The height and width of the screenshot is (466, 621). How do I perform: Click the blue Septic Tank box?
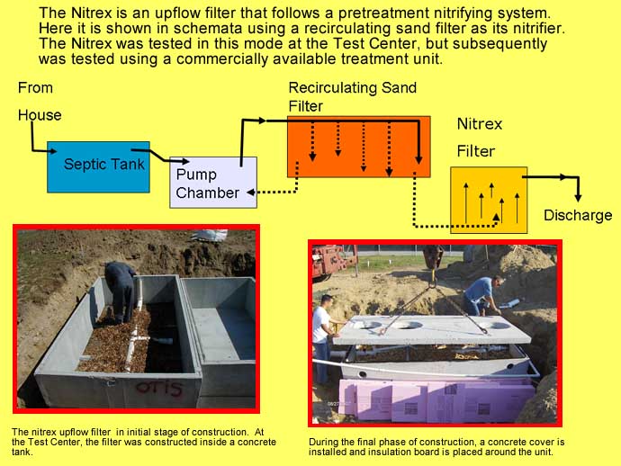[x=98, y=167]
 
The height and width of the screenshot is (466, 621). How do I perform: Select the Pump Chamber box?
[x=213, y=183]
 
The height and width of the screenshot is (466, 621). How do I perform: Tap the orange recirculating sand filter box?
[x=359, y=147]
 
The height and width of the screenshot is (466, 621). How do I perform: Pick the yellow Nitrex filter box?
[x=489, y=200]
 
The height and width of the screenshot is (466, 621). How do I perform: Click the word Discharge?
[x=578, y=215]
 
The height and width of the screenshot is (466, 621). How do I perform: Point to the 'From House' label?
[x=40, y=102]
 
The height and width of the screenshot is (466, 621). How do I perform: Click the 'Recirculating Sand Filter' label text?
[x=353, y=96]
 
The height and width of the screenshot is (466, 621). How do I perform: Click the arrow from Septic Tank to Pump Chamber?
[x=160, y=156]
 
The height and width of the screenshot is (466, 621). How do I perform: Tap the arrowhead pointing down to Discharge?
[x=578, y=197]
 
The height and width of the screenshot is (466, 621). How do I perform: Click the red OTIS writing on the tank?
[x=159, y=388]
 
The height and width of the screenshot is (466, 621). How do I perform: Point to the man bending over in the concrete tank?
[x=120, y=291]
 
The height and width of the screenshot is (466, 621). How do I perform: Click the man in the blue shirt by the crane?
[x=481, y=295]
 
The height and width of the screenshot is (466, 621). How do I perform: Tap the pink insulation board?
[x=436, y=400]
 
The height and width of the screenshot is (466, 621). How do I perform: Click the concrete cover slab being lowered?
[x=431, y=329]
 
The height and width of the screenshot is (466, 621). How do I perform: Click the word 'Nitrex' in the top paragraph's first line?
[x=93, y=13]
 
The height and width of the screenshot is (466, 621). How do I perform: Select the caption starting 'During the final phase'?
[x=436, y=446]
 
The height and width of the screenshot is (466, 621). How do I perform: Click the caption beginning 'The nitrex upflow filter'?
[x=144, y=442]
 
